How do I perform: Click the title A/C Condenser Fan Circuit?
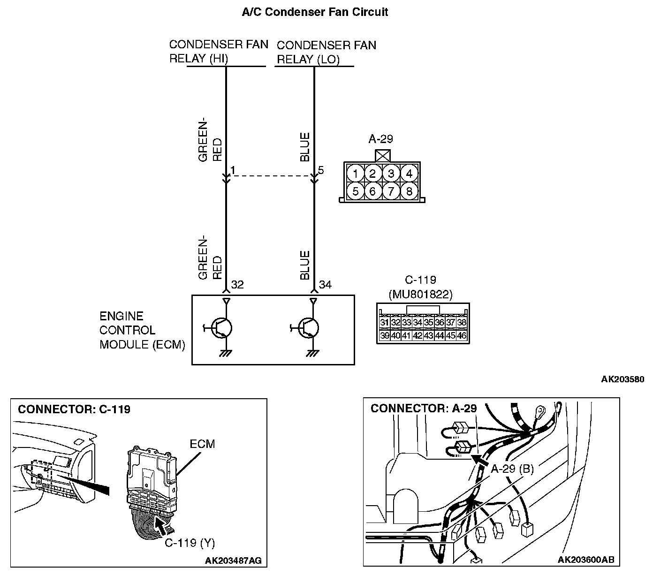[315, 12]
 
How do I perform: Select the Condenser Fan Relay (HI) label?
[219, 52]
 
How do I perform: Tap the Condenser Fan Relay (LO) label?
[326, 52]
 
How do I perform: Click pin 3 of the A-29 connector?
[391, 174]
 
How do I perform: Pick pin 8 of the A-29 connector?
[409, 191]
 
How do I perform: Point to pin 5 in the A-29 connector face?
[356, 191]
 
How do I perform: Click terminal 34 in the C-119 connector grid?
[418, 323]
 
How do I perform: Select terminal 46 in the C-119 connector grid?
[462, 336]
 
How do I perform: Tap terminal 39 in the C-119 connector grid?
[384, 336]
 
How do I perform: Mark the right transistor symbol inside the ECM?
[309, 328]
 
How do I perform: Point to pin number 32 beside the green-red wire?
[237, 285]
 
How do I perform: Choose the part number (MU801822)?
[420, 294]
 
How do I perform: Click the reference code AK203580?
[623, 379]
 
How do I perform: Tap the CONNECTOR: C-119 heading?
[74, 409]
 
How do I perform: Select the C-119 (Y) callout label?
[190, 543]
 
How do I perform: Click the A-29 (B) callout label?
[512, 469]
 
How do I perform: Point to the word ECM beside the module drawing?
[203, 444]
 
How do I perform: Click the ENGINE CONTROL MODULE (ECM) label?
[142, 331]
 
